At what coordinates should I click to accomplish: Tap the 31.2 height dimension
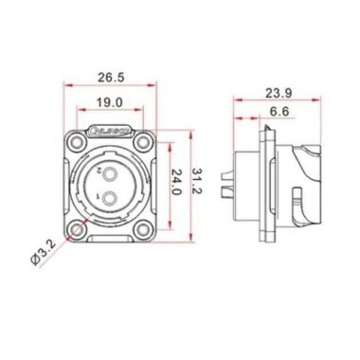[x=195, y=183]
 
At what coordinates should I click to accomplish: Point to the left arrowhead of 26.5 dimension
[x=67, y=85]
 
